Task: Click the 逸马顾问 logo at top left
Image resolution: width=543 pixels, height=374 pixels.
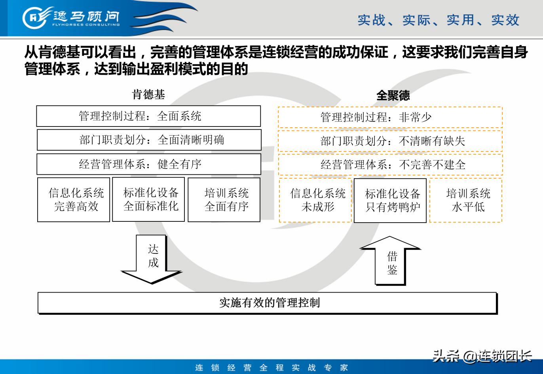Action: [71, 18]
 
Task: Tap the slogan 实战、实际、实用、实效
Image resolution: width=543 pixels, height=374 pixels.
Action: [438, 20]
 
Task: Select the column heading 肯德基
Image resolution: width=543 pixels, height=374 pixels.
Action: [148, 94]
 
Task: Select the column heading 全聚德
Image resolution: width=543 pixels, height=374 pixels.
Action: [393, 95]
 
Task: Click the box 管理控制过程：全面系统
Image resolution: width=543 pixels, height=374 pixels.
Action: [148, 116]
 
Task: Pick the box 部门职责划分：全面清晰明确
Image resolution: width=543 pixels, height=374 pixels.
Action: [149, 140]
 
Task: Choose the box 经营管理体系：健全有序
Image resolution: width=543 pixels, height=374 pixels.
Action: [149, 164]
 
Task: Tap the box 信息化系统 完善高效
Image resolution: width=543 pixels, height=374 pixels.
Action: [74, 200]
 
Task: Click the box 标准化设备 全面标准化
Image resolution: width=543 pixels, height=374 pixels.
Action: [148, 199]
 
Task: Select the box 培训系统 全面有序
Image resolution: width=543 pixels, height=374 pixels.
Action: [224, 200]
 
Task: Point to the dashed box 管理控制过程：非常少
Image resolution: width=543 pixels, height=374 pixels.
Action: [390, 117]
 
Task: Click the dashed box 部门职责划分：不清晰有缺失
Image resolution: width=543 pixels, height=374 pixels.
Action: [390, 141]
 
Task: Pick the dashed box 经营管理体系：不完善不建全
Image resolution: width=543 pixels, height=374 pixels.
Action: [390, 165]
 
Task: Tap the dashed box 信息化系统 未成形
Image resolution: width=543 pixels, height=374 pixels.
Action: [315, 200]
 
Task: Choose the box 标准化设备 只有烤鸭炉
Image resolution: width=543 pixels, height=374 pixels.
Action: [390, 200]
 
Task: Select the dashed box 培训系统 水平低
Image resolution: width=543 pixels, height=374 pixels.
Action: [466, 200]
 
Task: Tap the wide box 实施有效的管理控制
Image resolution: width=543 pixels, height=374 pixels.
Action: [267, 303]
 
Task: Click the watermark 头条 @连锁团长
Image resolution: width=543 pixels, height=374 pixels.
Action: [481, 356]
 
